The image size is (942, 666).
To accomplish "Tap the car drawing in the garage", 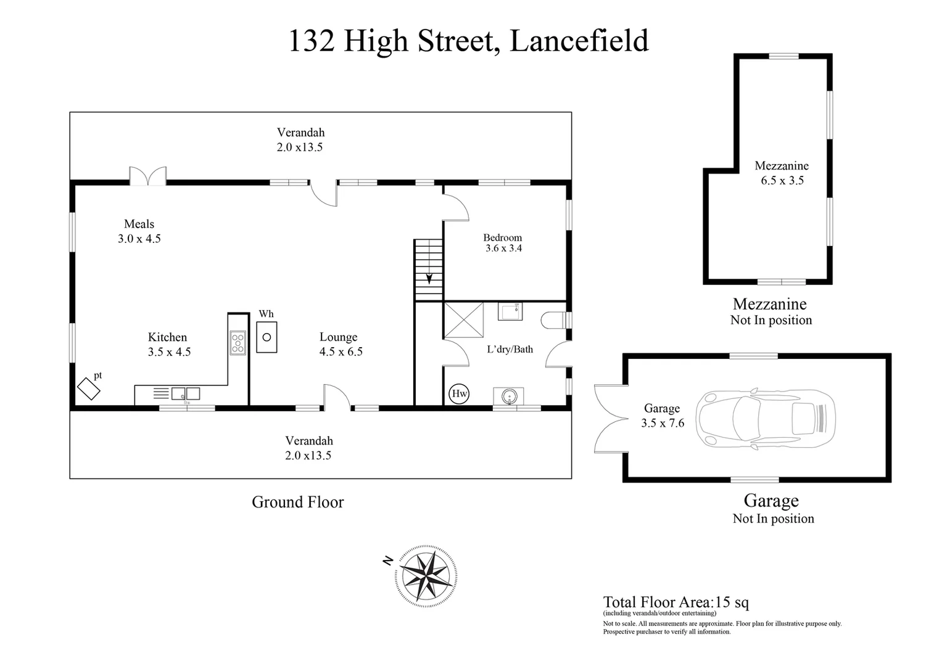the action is [x=766, y=417].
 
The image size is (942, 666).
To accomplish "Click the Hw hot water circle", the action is [x=459, y=394].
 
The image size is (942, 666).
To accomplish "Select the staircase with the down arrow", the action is [x=429, y=270].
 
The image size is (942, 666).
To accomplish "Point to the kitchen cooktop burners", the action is [x=238, y=343].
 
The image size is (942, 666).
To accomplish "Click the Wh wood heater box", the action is [x=266, y=337].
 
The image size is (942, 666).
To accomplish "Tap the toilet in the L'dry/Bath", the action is [x=553, y=321].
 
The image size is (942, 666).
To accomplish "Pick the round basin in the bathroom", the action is [x=509, y=396].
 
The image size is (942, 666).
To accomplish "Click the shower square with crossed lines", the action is [x=463, y=320].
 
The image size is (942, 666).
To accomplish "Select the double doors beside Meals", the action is [x=147, y=176].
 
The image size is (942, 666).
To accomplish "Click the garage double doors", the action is [x=609, y=418].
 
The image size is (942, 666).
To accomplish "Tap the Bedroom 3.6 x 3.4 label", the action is [x=503, y=243].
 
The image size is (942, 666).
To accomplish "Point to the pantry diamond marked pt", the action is [x=89, y=388].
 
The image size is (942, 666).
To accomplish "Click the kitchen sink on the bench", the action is [x=186, y=393].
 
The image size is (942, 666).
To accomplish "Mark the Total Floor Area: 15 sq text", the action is [x=676, y=602].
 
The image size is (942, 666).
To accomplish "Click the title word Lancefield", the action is [x=579, y=41].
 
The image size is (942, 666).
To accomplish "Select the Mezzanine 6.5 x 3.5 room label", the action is [x=782, y=173].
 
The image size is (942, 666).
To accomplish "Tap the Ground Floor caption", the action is [x=297, y=502].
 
